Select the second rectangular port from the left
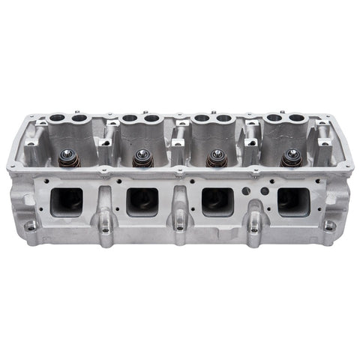coord(142,201)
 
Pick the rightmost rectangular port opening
coord(292,200)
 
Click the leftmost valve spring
coord(66,160)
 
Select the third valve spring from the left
coord(217,158)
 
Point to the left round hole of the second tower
coord(129,118)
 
